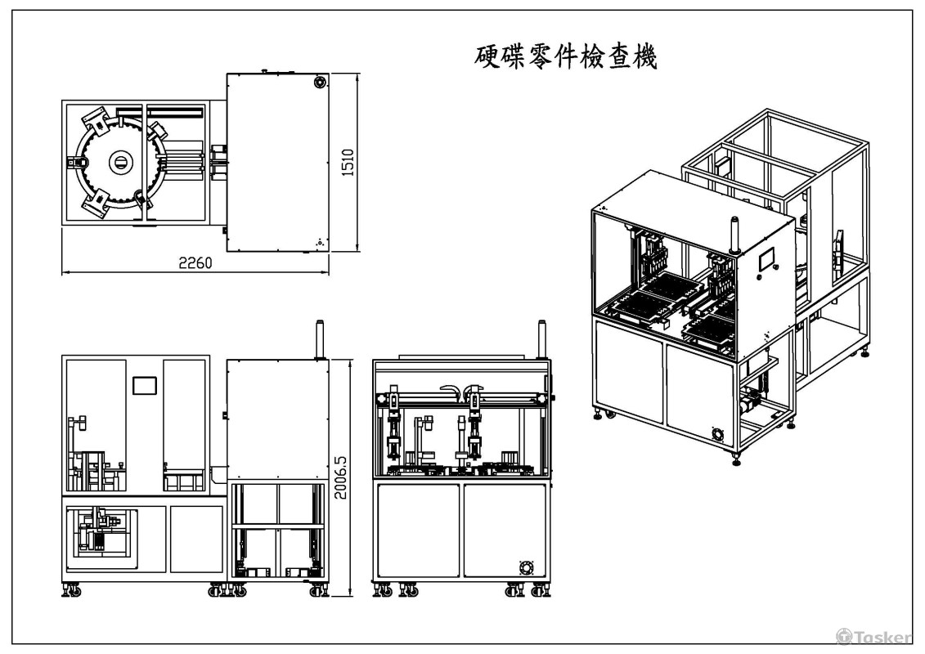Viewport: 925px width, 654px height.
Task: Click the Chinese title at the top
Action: tap(566, 56)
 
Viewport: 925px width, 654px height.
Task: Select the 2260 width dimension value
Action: tap(195, 263)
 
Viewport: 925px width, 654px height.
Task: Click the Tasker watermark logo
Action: tap(873, 636)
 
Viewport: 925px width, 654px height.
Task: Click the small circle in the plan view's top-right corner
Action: tap(318, 82)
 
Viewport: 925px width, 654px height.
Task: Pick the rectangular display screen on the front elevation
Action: tap(144, 385)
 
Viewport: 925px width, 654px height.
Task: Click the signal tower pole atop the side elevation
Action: tap(541, 339)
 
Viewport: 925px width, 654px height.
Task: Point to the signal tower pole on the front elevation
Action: tap(318, 339)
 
